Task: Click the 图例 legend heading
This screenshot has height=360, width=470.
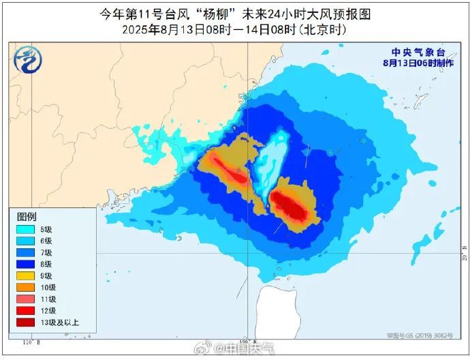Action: click(x=27, y=216)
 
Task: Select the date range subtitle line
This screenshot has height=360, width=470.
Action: click(x=235, y=29)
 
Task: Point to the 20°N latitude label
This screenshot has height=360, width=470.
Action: click(x=465, y=257)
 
